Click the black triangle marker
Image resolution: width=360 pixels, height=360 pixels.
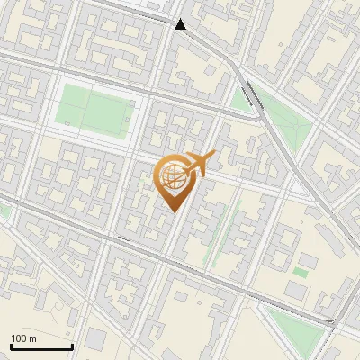181,24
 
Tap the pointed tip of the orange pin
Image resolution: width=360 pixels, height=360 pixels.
173,210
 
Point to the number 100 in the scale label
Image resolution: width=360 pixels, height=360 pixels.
19,337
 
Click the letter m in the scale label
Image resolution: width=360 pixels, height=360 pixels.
32,337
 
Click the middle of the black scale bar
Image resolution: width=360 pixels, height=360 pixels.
41,346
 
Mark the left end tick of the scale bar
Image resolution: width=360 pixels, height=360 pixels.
11,346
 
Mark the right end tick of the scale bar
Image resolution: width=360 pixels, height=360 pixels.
72,346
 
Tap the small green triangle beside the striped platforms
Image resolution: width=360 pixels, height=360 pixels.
240,99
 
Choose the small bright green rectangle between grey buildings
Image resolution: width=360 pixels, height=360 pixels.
301,271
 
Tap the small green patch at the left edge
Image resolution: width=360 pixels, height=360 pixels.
4,212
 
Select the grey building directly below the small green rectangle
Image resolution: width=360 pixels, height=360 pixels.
298,290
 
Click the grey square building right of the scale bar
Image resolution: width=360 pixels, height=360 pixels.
96,339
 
